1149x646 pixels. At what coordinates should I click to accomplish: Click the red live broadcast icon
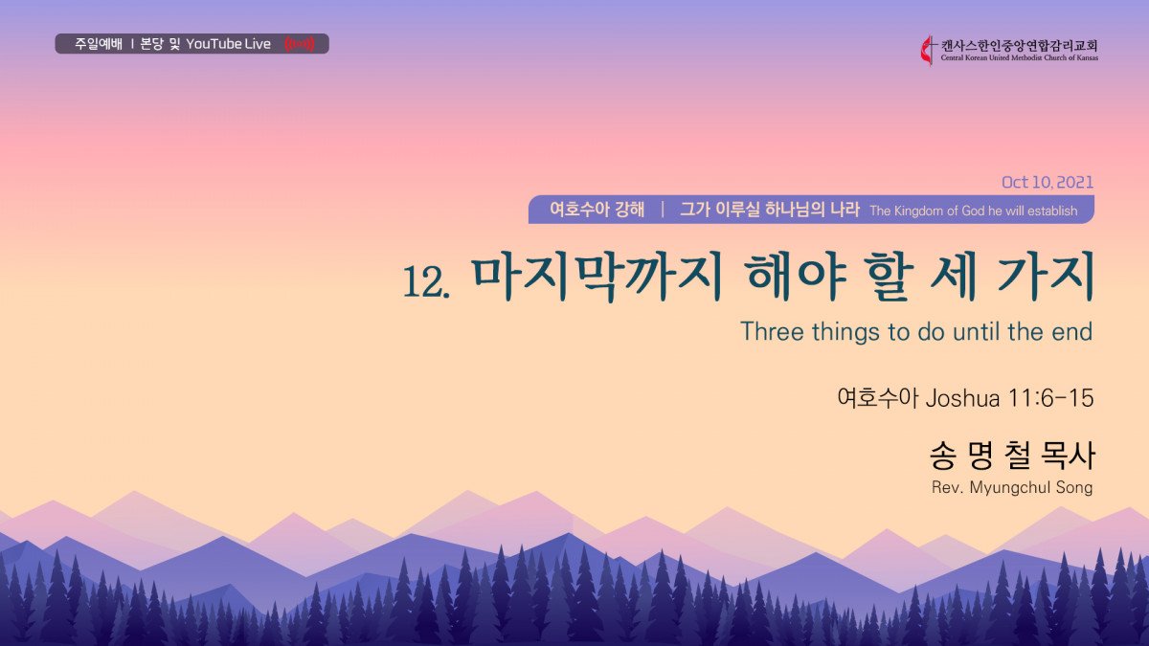pos(299,44)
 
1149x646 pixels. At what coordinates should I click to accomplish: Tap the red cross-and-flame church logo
pos(928,51)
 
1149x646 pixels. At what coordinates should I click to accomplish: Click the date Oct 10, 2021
pos(1047,182)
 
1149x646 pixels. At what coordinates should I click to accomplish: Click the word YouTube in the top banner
pos(214,44)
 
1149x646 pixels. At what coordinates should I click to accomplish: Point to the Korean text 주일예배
pos(99,44)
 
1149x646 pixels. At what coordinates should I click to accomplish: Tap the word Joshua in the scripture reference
pos(963,398)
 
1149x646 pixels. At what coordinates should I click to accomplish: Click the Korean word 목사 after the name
pos(1069,457)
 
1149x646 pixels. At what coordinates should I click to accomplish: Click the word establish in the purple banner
pos(1053,211)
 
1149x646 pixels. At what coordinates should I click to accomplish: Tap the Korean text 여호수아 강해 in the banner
pos(597,210)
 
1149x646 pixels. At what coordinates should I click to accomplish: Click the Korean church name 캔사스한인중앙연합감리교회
pos(1019,46)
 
